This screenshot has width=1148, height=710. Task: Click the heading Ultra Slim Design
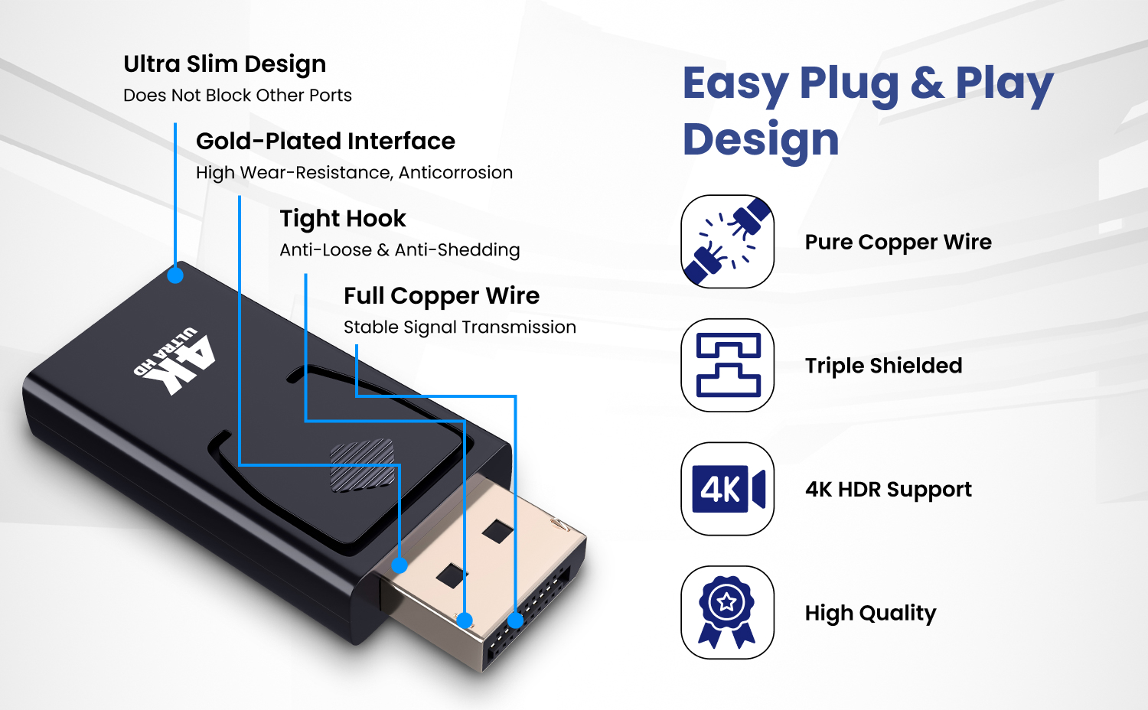[x=224, y=64]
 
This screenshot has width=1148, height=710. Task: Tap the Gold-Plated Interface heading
[x=325, y=142]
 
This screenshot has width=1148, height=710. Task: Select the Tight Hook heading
[x=342, y=219]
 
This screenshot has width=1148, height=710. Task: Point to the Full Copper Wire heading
[x=442, y=296]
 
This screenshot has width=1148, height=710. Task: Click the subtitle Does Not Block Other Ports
[x=237, y=96]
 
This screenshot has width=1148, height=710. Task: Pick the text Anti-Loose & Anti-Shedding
[x=400, y=250]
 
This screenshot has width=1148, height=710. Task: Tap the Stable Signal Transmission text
[x=459, y=327]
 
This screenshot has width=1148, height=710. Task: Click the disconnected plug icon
[x=727, y=242]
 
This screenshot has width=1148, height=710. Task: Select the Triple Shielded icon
[x=727, y=366]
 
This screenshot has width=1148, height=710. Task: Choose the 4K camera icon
[x=727, y=490]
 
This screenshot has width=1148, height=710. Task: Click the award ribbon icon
[x=727, y=613]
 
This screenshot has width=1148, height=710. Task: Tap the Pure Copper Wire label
[x=898, y=243]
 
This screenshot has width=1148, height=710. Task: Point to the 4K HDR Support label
[x=888, y=490]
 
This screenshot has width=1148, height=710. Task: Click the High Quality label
[x=870, y=614]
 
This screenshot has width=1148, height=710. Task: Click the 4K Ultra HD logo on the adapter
[x=175, y=360]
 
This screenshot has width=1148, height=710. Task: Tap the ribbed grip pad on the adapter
[x=362, y=465]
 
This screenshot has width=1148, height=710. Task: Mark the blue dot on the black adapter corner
[x=175, y=275]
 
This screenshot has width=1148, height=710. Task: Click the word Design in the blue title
[x=761, y=140]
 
